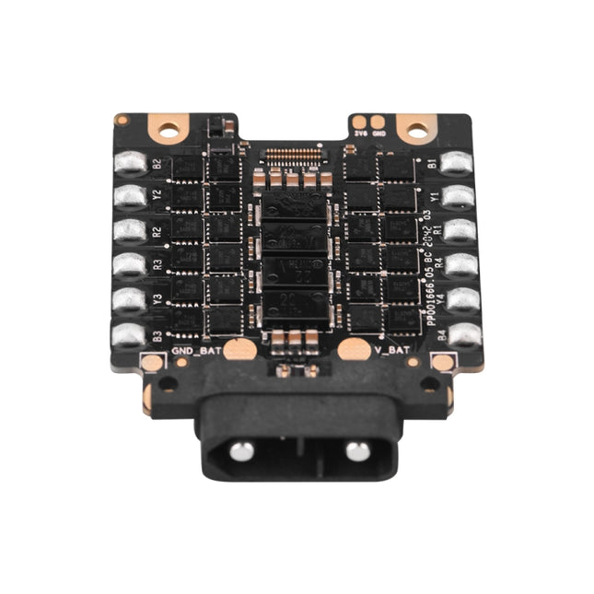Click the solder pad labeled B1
tap(456, 164)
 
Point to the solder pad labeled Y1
tap(458, 197)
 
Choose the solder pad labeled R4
tap(460, 265)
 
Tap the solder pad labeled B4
tap(464, 334)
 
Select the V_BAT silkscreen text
tap(393, 350)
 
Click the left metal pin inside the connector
tap(241, 451)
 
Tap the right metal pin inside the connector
tap(357, 451)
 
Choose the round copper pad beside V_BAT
tap(352, 349)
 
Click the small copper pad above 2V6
tap(355, 121)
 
